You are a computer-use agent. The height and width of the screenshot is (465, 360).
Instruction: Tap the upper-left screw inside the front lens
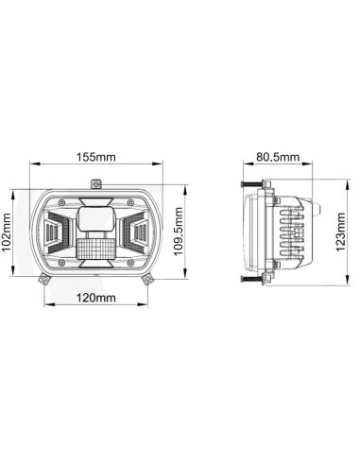coord(61,202)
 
